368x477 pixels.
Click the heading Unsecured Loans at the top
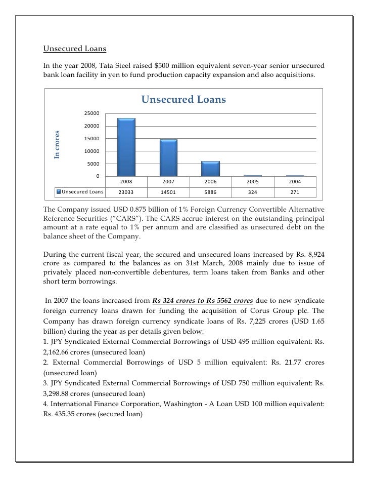[x=74, y=49]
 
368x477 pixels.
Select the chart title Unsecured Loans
[x=183, y=100]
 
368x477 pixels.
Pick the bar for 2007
[x=168, y=157]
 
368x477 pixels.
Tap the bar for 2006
[x=211, y=169]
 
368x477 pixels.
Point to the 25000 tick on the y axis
[x=92, y=113]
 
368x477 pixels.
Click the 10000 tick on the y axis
[x=92, y=151]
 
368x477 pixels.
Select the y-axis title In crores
[x=57, y=144]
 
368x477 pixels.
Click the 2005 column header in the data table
[x=253, y=181]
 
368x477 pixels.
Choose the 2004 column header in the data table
[x=295, y=181]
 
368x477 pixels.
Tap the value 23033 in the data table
[x=126, y=192]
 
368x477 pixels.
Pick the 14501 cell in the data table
[x=168, y=192]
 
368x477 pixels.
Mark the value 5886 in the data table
[x=211, y=192]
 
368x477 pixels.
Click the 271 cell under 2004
[x=295, y=192]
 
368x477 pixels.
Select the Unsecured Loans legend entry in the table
[x=82, y=192]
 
